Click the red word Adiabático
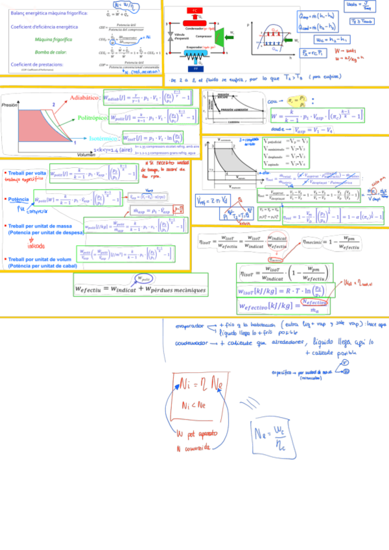[84, 99]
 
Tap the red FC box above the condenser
[195, 12]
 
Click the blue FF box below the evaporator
[195, 67]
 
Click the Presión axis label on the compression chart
[9, 104]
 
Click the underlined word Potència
[18, 200]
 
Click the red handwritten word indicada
[36, 246]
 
